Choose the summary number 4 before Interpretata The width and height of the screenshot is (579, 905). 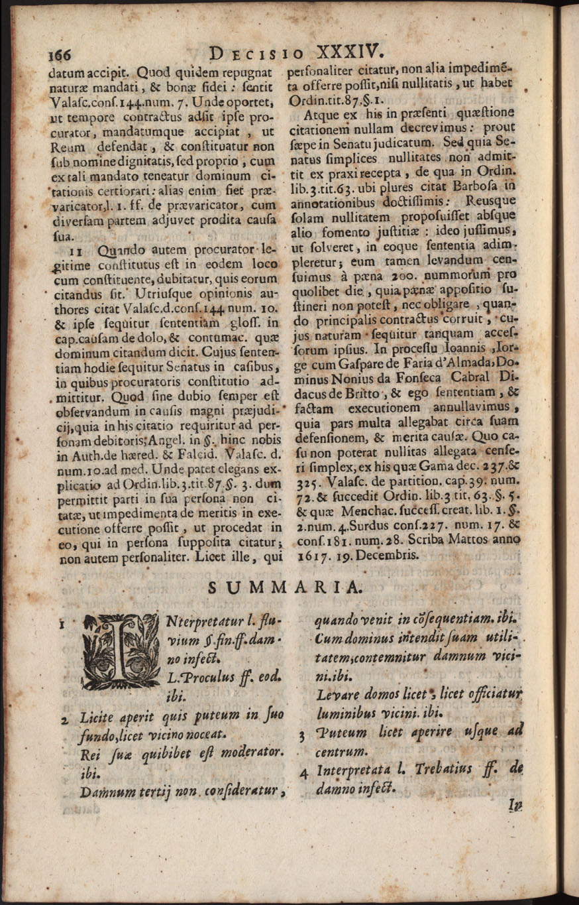pyautogui.click(x=303, y=772)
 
